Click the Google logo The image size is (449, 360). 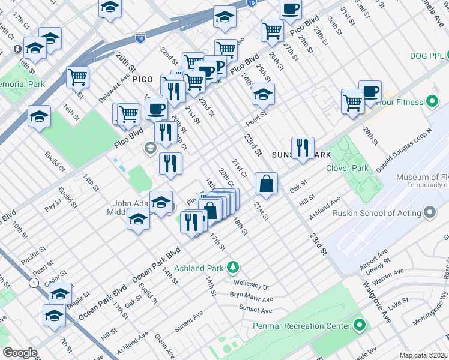[x=20, y=353]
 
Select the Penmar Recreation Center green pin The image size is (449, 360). [x=360, y=326]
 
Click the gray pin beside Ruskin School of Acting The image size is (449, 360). [x=429, y=213]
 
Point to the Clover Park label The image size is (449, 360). [x=347, y=168]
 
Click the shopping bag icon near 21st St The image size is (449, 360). [x=266, y=184]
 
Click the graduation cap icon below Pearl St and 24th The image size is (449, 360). [x=262, y=94]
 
